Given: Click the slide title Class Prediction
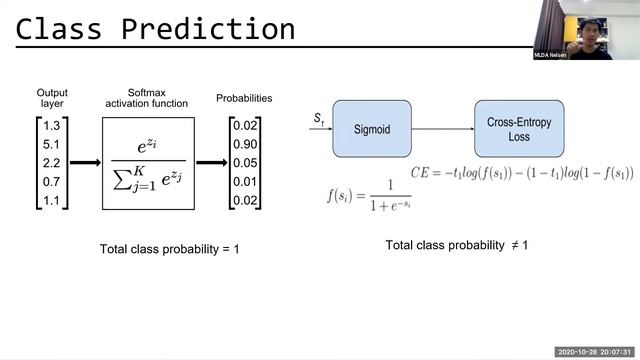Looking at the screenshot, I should pyautogui.click(x=155, y=29).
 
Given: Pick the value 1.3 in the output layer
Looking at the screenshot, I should pyautogui.click(x=52, y=126).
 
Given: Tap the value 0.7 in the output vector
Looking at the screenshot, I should pyautogui.click(x=52, y=181).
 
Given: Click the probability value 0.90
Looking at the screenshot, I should pyautogui.click(x=244, y=144).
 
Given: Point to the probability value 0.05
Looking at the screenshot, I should pyautogui.click(x=244, y=162).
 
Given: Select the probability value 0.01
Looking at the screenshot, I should pyautogui.click(x=244, y=181).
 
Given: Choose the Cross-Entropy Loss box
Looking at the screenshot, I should pyautogui.click(x=511, y=128).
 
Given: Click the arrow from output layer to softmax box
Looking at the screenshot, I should pyautogui.click(x=84, y=162).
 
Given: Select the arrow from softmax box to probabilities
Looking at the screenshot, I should pyautogui.click(x=211, y=162).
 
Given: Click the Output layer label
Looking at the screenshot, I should pyautogui.click(x=52, y=99).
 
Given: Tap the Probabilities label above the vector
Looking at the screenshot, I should pyautogui.click(x=244, y=99).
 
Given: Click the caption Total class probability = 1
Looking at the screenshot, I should pyautogui.click(x=169, y=248).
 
